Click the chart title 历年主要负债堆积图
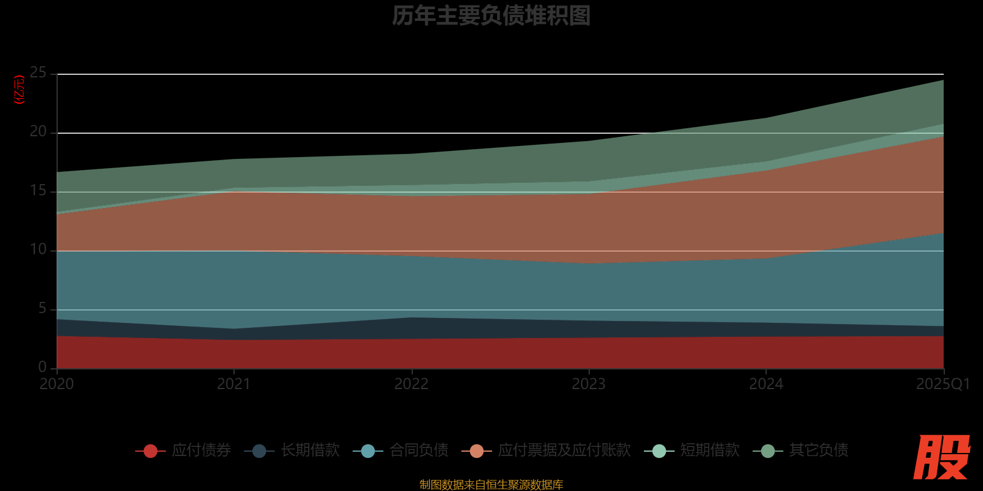point(491,16)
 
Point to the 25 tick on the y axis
point(38,73)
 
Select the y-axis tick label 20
point(38,132)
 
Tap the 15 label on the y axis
point(38,191)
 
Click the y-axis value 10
point(38,250)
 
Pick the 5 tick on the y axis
point(42,309)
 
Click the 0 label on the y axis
point(42,367)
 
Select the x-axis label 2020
point(57,384)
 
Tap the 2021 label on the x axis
point(234,384)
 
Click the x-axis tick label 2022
point(411,384)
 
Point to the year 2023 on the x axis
point(589,384)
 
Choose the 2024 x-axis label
point(766,384)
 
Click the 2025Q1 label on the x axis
point(942,384)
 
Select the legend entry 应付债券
point(184,450)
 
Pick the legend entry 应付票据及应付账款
point(547,450)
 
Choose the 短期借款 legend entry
point(692,450)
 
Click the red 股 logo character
point(941,458)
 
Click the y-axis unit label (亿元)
point(20,90)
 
